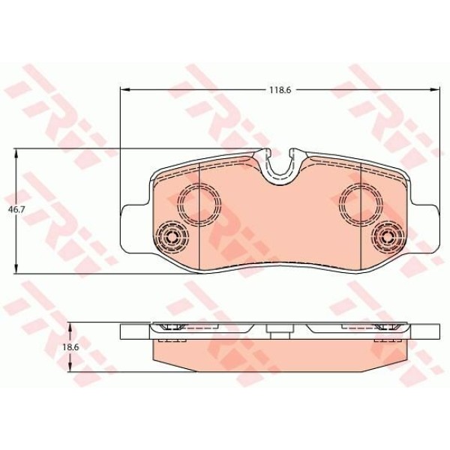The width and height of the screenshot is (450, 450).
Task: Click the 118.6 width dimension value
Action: point(280,89)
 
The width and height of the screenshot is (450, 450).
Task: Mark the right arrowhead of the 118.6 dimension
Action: point(436,89)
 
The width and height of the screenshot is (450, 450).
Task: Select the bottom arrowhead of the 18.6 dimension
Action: point(70,373)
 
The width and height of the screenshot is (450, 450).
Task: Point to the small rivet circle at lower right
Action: point(388,238)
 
